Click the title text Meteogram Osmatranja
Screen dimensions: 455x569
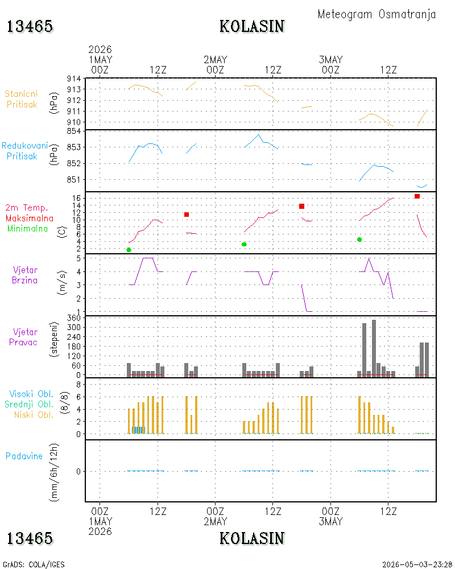pyautogui.click(x=377, y=15)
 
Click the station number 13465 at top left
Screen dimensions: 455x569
pyautogui.click(x=30, y=27)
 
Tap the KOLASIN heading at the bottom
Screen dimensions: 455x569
pyautogui.click(x=252, y=538)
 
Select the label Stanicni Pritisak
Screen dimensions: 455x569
pyautogui.click(x=22, y=99)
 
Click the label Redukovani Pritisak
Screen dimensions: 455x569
pyautogui.click(x=24, y=151)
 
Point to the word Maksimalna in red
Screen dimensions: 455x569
pyautogui.click(x=30, y=218)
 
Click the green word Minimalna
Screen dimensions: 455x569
pyautogui.click(x=27, y=229)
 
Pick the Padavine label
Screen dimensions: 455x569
pyautogui.click(x=24, y=456)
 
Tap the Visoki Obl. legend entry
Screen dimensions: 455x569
pyautogui.click(x=31, y=394)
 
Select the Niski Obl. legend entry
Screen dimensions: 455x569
pyautogui.click(x=34, y=414)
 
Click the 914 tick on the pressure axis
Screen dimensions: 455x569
pyautogui.click(x=74, y=79)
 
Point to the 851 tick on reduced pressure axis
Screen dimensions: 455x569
pyautogui.click(x=74, y=179)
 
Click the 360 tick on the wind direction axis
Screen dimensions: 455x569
pyautogui.click(x=74, y=318)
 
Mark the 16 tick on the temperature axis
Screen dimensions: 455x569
pyautogui.click(x=76, y=198)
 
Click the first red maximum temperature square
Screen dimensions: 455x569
pyautogui.click(x=187, y=215)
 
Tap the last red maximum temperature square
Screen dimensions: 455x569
pyautogui.click(x=417, y=196)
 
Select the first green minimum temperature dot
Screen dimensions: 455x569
pyautogui.click(x=129, y=250)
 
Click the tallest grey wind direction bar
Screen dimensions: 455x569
pyautogui.click(x=374, y=348)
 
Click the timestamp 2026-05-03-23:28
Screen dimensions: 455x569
pyautogui.click(x=417, y=564)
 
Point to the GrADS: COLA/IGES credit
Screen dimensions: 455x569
pyautogui.click(x=34, y=564)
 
